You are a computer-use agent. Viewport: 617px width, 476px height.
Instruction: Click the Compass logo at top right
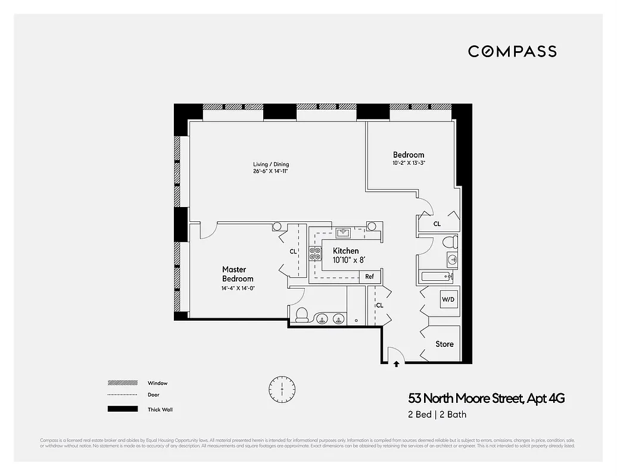(512, 51)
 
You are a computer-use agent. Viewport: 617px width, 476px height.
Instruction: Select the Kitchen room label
(345, 250)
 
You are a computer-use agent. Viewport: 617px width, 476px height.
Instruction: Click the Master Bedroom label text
(238, 274)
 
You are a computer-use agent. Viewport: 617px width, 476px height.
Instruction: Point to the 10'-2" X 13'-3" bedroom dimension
(409, 163)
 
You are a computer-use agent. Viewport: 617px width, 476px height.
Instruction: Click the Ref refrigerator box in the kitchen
(369, 277)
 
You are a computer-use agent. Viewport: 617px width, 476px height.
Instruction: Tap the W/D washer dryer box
(448, 299)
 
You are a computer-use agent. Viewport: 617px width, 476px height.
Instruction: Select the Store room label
(444, 344)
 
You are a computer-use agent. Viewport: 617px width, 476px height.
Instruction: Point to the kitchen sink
(345, 231)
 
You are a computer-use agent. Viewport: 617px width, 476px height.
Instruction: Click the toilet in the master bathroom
(301, 315)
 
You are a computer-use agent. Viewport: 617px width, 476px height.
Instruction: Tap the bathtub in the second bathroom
(437, 277)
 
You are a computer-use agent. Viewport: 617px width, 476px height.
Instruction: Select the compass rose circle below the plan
(282, 390)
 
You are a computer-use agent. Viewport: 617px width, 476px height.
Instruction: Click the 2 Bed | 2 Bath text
(433, 414)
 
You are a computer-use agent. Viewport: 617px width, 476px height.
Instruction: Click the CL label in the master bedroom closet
(293, 252)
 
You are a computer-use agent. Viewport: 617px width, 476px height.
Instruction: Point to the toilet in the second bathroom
(450, 242)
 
